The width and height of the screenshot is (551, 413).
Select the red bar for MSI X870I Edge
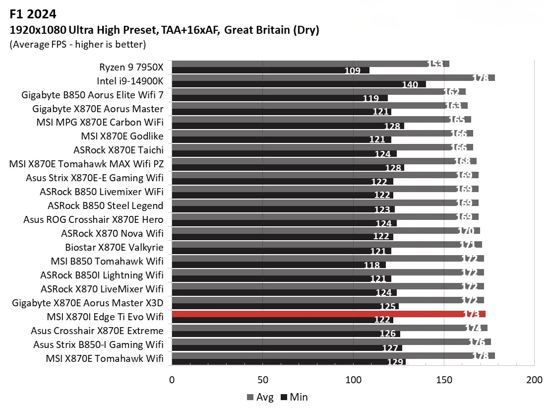tap(327, 314)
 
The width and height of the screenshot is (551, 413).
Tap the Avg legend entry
tap(260, 397)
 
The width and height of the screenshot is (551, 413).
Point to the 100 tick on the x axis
tap(354, 380)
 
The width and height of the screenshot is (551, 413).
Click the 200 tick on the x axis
tap(534, 380)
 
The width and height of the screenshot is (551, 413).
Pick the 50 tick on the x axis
tap(263, 380)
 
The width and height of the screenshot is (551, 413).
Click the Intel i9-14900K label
tap(130, 81)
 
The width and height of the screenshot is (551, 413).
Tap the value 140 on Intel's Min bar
tap(410, 84)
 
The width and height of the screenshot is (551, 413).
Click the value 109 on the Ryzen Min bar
tap(352, 70)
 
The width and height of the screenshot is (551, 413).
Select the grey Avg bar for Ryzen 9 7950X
tap(310, 64)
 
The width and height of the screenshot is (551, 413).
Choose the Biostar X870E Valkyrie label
tap(114, 247)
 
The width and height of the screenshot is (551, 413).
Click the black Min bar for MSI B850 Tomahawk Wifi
tap(278, 265)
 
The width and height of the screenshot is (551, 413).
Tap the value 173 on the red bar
tap(469, 314)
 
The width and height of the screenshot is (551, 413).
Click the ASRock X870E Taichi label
tap(118, 150)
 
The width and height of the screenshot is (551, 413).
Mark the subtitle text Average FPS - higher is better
tap(77, 45)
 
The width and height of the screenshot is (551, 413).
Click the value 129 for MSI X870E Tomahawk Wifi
tap(395, 362)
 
